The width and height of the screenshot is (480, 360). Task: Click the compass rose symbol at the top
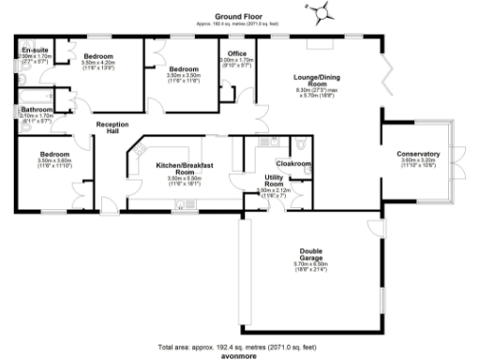(x=322, y=12)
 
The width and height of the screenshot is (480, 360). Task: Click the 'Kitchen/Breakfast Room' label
(x=184, y=165)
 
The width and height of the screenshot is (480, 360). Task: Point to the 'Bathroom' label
(x=37, y=110)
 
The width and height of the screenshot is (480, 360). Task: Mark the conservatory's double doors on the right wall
(x=459, y=154)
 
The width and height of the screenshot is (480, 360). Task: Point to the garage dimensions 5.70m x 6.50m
(x=312, y=265)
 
